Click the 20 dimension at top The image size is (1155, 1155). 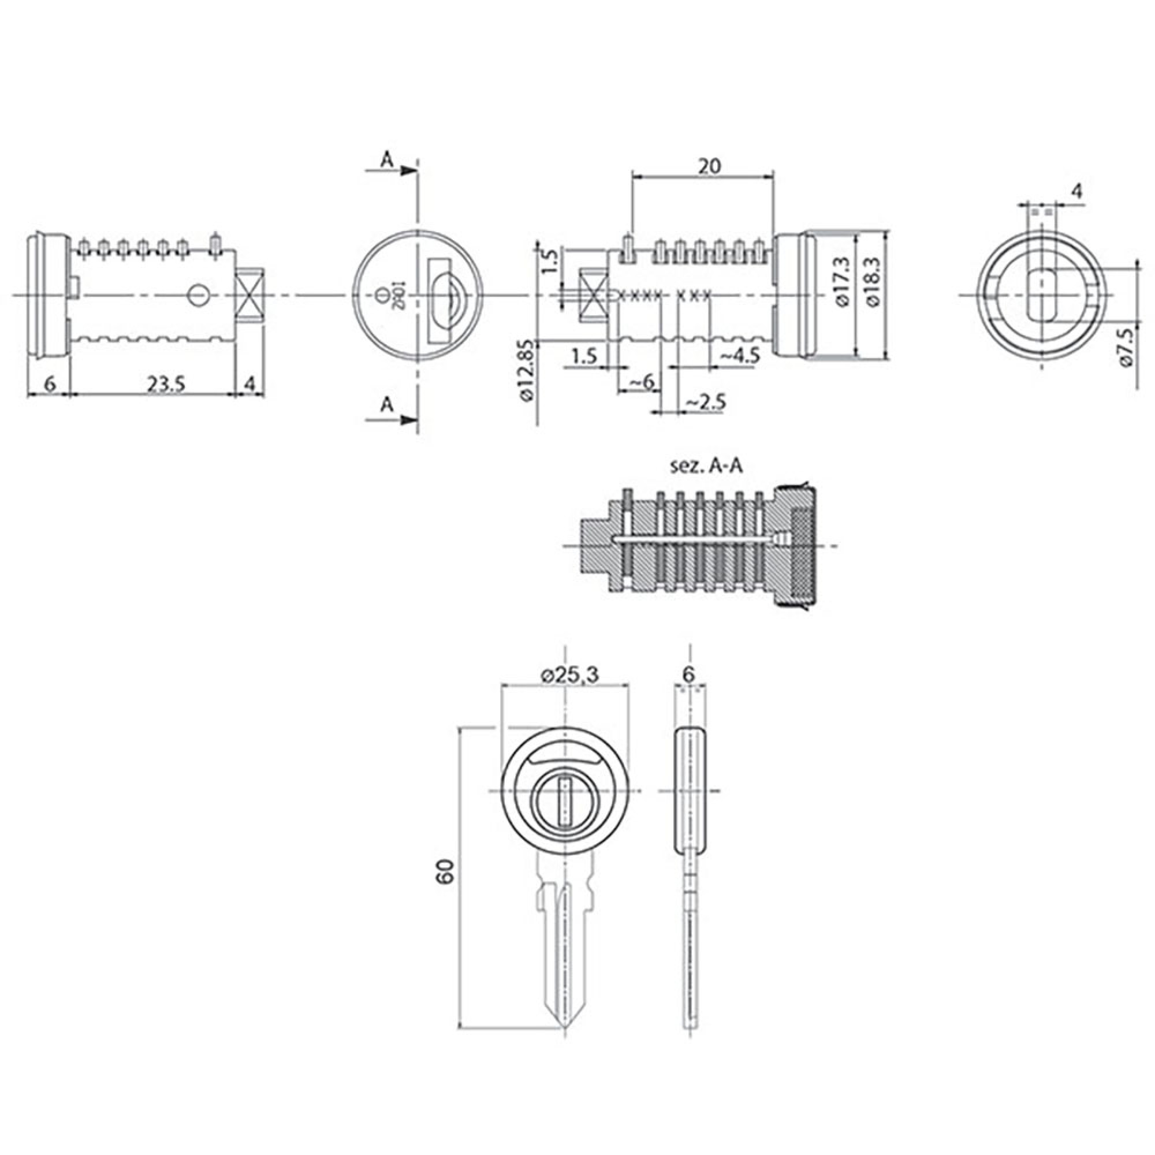tap(709, 166)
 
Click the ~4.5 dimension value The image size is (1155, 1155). tap(739, 356)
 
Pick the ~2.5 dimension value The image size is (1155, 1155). tap(706, 403)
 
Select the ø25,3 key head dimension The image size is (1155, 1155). tap(570, 675)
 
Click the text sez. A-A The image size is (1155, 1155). tap(707, 467)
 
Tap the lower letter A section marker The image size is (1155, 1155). tap(388, 405)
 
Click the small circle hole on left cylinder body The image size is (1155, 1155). tap(198, 294)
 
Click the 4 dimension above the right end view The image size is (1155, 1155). tap(1076, 191)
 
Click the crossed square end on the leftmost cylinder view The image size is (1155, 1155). tap(250, 295)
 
